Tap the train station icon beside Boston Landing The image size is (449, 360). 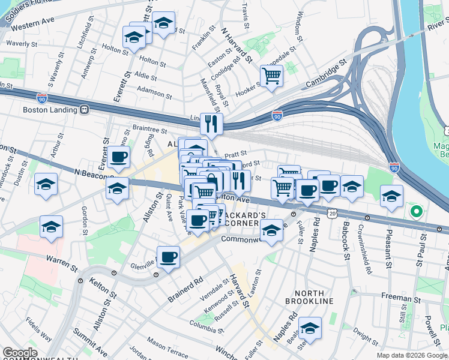pyautogui.click(x=85, y=110)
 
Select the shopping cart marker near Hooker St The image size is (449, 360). pyautogui.click(x=272, y=77)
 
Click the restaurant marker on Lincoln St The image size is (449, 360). pyautogui.click(x=211, y=124)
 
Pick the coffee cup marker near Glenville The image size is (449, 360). pyautogui.click(x=168, y=257)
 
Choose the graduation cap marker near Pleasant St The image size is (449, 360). pyautogui.click(x=391, y=197)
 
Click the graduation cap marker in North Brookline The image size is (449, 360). pyautogui.click(x=310, y=328)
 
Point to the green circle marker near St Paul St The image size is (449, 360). pyautogui.click(x=415, y=212)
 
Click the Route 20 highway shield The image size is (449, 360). pyautogui.click(x=333, y=213)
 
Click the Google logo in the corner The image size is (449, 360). pyautogui.click(x=20, y=353)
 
